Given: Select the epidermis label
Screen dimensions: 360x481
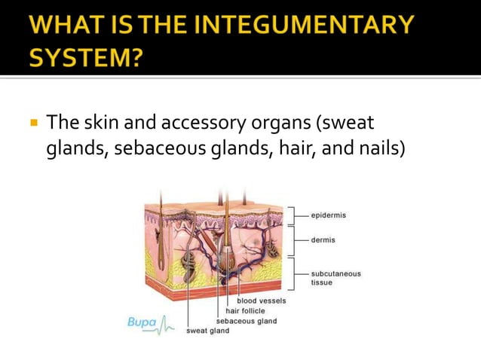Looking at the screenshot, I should [x=329, y=215].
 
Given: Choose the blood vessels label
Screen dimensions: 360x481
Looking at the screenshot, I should [x=262, y=301].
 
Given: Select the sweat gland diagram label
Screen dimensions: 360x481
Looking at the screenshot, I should [x=208, y=331].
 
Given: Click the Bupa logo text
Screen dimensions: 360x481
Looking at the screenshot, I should [x=142, y=322].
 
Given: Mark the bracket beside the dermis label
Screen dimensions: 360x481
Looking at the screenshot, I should [x=292, y=240].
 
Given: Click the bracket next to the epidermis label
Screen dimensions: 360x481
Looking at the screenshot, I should [x=292, y=215].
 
